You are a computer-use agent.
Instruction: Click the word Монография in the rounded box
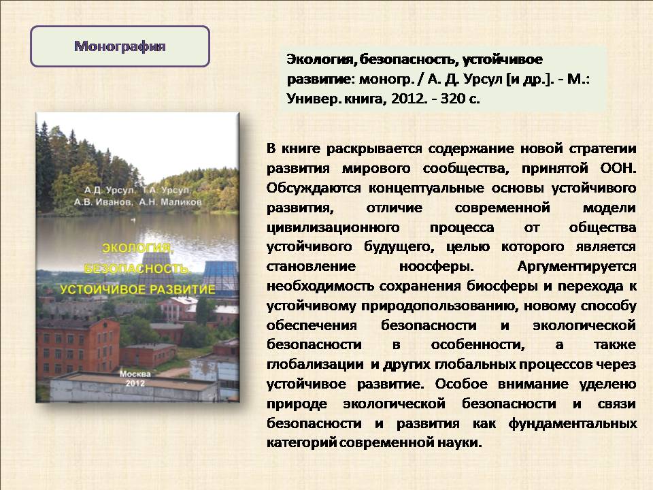pos(120,46)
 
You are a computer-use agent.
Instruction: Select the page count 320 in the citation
pos(453,99)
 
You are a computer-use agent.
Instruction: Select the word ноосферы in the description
pos(436,266)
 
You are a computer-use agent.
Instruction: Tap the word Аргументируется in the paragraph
pos(577,266)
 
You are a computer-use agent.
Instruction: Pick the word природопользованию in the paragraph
pos(439,306)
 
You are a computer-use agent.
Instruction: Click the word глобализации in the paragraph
pos(315,364)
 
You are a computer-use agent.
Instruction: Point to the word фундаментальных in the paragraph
pos(572,423)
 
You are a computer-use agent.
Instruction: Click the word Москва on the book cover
pos(135,374)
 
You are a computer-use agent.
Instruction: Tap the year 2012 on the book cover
pos(135,383)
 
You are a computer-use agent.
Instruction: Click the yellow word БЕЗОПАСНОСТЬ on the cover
pos(136,268)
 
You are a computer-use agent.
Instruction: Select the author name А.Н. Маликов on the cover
pos(170,202)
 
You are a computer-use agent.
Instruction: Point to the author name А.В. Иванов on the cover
pos(103,202)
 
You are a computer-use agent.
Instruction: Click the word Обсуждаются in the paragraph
pos(314,189)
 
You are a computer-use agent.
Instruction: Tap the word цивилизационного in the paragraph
pos(333,227)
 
